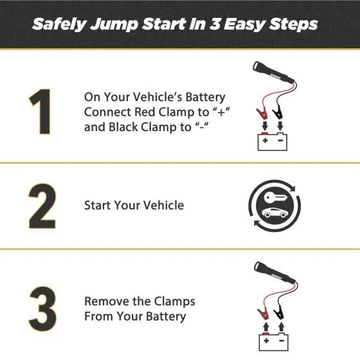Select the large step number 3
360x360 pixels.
pyautogui.click(x=42, y=308)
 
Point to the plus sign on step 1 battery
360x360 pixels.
pyautogui.click(x=265, y=138)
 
